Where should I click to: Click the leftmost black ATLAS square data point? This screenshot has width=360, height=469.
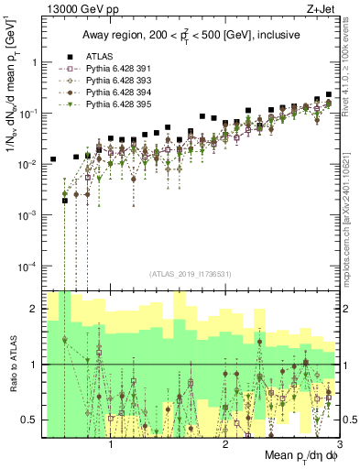click(53, 159)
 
